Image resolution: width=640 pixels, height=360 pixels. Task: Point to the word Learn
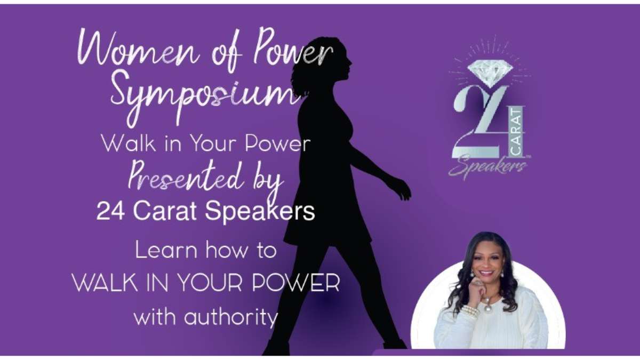166,250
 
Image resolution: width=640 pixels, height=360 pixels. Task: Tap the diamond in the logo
490,74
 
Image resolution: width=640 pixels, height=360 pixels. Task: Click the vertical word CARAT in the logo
518,131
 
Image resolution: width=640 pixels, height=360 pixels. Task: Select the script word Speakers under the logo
487,166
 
